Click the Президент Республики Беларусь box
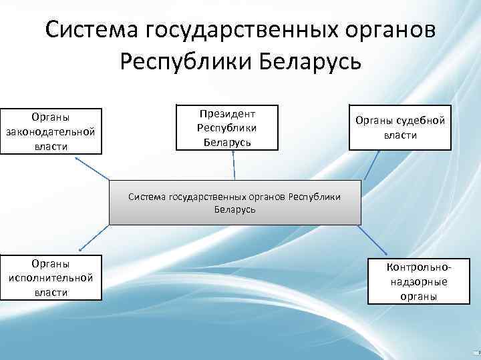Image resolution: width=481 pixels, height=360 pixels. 227,127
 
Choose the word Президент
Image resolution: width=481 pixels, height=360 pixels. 227,112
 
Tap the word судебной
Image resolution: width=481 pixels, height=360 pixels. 420,121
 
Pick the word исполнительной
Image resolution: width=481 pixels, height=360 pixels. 51,277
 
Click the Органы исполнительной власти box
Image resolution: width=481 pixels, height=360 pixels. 51,277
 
